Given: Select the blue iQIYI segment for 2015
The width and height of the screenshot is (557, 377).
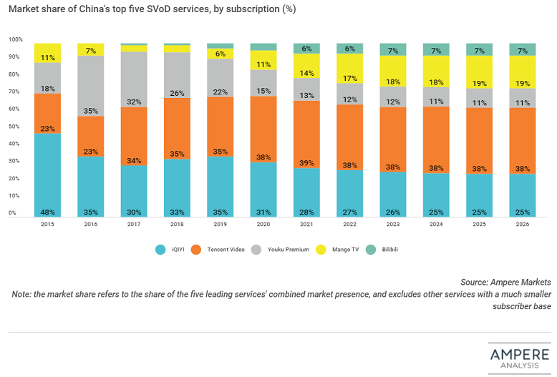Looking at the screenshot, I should (47, 175).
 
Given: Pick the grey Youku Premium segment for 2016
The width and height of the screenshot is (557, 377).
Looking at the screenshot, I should (91, 86).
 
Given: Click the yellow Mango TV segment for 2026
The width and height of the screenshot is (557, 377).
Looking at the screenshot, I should (522, 72).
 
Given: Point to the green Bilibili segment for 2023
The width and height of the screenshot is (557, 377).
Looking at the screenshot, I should (393, 49).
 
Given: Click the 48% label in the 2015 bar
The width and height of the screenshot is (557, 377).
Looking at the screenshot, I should (48, 212).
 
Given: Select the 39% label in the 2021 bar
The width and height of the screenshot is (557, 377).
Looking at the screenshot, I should (306, 163).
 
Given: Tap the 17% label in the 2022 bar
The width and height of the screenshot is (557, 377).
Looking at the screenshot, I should (349, 78).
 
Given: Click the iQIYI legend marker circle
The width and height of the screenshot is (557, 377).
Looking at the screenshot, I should (161, 250).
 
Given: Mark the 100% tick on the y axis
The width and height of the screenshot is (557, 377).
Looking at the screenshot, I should (16, 39).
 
